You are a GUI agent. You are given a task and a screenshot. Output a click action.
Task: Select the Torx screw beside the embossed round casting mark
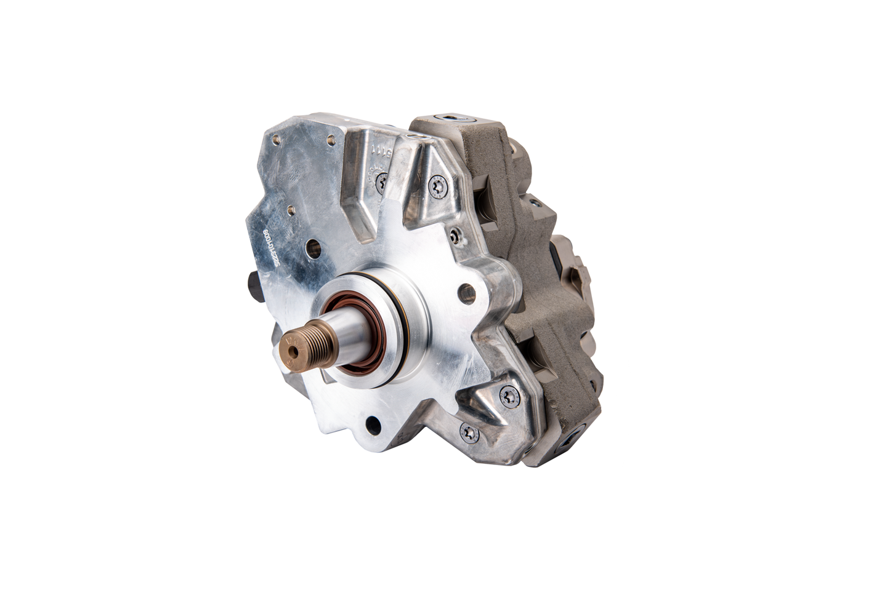click(x=382, y=181)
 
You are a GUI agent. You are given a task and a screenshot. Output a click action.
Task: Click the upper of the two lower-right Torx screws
click(x=511, y=397)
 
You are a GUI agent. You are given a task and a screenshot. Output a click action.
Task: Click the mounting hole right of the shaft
click(x=467, y=293)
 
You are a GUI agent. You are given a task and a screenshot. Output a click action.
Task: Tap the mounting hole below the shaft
click(x=371, y=424)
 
